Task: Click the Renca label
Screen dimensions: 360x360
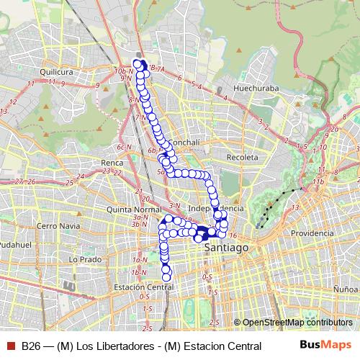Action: [x=112, y=163]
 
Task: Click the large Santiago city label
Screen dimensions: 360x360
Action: [x=227, y=247]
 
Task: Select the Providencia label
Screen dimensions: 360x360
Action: [x=313, y=233]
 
